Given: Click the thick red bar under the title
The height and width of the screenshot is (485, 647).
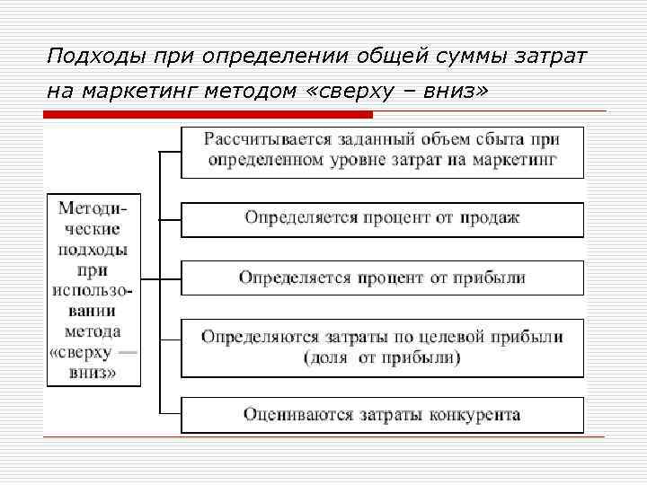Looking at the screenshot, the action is point(208,114).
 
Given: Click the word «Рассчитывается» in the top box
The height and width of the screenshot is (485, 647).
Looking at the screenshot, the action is point(261,139).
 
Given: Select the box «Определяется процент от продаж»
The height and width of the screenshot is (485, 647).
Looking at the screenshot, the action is point(383,217).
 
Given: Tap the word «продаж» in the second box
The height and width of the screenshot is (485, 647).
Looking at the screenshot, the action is point(491,217).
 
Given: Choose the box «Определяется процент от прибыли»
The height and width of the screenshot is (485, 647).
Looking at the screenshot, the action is point(383,278).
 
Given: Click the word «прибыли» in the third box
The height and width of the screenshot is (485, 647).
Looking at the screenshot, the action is point(493,278).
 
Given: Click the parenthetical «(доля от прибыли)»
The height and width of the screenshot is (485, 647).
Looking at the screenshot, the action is point(382,357).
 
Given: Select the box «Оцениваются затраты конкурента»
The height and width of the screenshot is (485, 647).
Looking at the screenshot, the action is point(383,415).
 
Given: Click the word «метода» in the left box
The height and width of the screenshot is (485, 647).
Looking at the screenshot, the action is point(93,332).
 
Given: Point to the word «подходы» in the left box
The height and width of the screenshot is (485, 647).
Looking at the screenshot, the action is point(93,250).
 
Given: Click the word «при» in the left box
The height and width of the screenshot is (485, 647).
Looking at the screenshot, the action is point(93,269).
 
